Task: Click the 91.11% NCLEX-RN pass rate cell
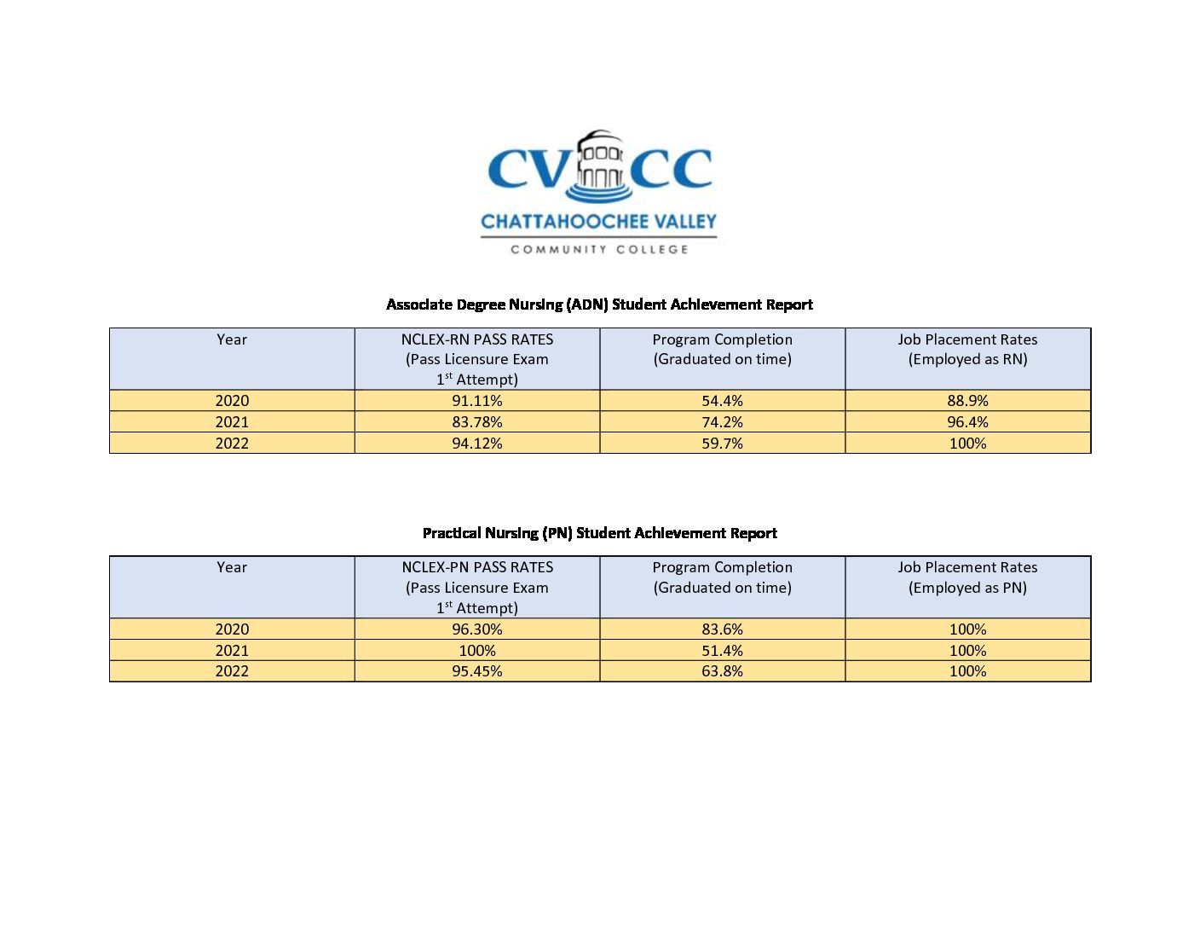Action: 477,401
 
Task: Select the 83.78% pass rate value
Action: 477,422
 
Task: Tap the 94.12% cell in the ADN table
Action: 477,444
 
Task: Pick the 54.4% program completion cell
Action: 722,401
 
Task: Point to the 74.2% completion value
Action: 722,422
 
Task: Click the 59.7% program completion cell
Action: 722,444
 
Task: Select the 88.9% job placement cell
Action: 967,401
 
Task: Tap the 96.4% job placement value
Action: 967,422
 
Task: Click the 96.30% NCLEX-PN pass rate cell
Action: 477,629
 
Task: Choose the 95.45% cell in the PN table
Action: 477,671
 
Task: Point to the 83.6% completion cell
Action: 722,629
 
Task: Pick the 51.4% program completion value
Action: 722,651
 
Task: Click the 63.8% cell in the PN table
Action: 722,671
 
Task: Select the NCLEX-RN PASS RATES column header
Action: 477,339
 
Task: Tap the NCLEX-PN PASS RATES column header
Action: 477,567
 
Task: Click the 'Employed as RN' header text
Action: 967,359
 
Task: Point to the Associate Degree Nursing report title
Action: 599,304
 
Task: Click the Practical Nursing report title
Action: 599,533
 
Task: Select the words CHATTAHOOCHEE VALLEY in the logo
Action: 599,222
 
